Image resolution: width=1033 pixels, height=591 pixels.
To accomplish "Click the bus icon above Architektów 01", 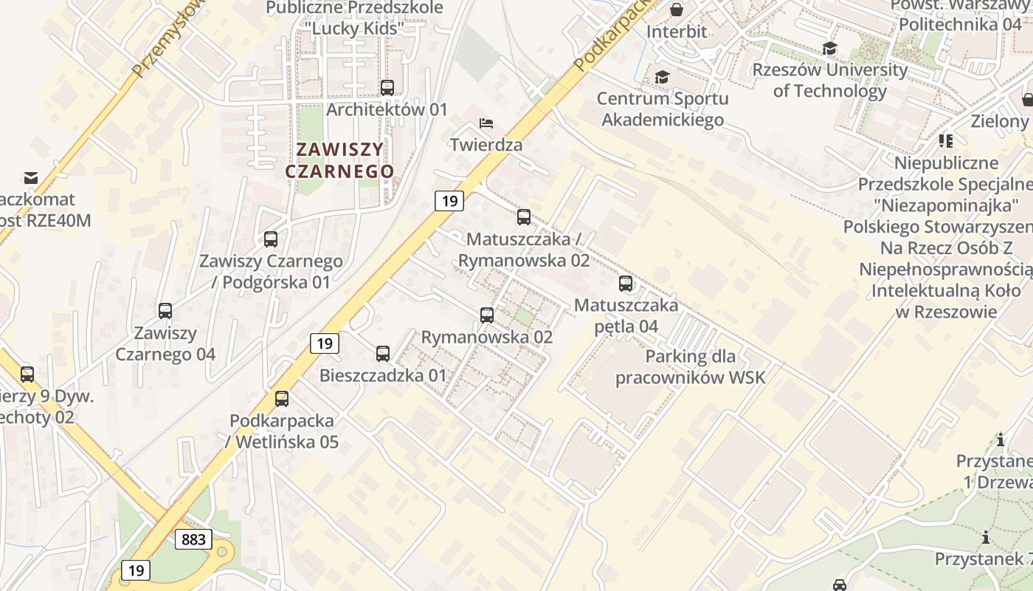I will [387, 88].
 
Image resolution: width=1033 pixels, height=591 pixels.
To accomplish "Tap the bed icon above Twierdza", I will [486, 123].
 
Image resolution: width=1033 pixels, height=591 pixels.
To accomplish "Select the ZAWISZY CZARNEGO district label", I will [339, 160].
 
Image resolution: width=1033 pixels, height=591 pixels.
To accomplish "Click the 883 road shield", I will [194, 539].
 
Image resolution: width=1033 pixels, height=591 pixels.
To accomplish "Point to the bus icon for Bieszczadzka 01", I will [382, 354].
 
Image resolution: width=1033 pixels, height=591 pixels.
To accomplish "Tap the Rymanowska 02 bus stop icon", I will [487, 315].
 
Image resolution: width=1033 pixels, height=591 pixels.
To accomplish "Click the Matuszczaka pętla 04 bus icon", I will [626, 284].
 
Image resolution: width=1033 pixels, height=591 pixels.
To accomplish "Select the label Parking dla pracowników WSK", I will [690, 367].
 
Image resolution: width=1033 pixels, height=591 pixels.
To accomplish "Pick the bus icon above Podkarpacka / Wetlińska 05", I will [282, 399].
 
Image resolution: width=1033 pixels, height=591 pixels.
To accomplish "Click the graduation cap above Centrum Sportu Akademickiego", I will [662, 78].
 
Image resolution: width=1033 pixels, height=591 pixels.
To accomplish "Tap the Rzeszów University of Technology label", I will [829, 81].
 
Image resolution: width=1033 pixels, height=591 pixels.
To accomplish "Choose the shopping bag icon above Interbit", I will [676, 10].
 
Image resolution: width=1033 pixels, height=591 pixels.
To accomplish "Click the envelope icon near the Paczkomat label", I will [31, 178].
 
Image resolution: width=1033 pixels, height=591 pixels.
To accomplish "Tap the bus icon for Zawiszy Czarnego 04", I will [165, 311].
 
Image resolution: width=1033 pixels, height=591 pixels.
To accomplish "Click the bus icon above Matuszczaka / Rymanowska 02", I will [524, 217].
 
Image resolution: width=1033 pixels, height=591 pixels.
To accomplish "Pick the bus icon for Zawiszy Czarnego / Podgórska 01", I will [271, 239].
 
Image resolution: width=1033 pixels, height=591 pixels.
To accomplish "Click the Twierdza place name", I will [486, 145].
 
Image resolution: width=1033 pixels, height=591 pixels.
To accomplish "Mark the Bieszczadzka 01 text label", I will [383, 375].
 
